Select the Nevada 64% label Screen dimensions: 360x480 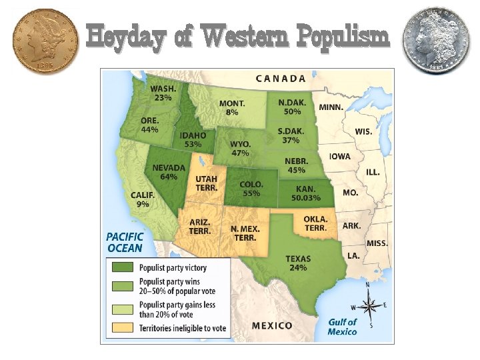169,172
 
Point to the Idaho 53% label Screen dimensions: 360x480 193,139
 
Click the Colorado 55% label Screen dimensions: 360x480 251,189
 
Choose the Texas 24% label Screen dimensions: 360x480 297,263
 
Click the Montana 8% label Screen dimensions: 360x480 232,108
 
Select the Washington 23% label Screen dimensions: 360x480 163,93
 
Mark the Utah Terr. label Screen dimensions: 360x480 206,183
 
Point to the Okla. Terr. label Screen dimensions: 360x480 315,223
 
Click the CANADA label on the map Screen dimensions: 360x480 281,78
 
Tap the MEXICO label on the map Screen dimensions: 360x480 271,325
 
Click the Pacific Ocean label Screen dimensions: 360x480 124,242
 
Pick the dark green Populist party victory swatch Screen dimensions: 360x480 122,268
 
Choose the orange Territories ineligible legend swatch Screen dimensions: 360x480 122,327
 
